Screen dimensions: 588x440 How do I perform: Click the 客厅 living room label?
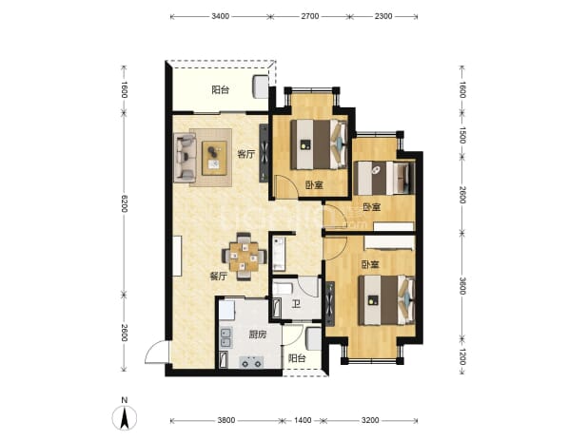[246, 154]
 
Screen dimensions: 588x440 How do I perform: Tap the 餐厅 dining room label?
[218, 277]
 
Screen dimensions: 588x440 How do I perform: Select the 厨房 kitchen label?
[258, 335]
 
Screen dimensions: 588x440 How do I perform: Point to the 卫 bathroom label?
[297, 304]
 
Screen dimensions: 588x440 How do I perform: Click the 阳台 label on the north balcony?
[221, 90]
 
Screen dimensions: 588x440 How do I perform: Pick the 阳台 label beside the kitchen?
[297, 358]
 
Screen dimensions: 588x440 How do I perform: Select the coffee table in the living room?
[214, 158]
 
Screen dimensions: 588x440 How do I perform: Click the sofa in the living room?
[185, 157]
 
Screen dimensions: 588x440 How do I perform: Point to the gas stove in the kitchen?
[251, 362]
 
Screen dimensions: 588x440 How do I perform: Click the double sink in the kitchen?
[226, 337]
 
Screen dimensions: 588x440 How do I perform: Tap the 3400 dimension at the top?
[221, 16]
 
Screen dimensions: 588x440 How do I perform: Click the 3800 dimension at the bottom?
[226, 420]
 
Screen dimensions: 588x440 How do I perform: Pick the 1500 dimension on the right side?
[462, 135]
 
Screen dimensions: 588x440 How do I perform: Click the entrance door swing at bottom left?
[158, 352]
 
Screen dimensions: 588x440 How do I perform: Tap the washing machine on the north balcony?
[261, 86]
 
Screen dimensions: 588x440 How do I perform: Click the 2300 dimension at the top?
[383, 16]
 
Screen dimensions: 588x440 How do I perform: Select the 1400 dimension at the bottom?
[303, 420]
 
